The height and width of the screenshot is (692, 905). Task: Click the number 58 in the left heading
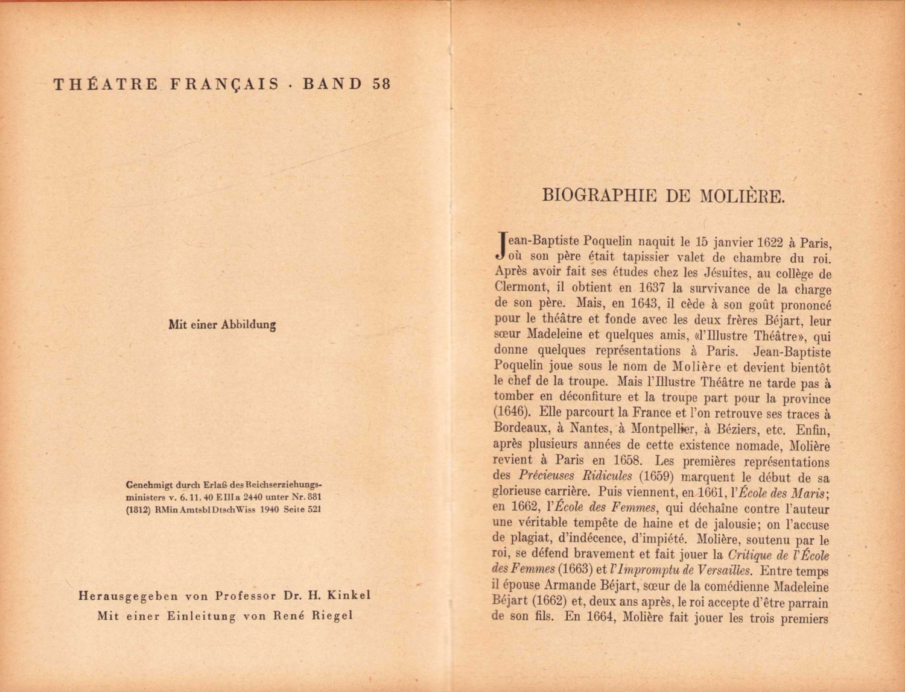382,84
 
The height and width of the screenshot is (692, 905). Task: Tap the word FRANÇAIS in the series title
225,84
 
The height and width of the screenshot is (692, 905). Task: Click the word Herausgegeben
129,596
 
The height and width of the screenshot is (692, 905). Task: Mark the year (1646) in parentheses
512,413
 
